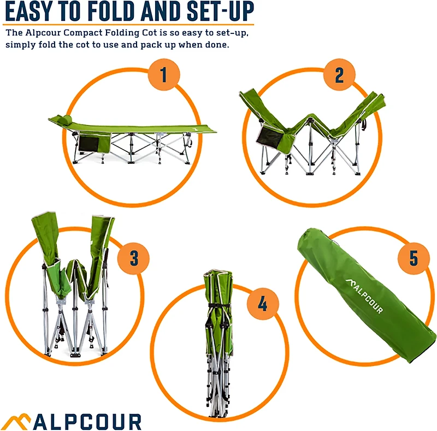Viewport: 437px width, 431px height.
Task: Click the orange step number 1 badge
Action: [163, 75]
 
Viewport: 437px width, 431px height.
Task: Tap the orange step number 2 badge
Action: [339, 75]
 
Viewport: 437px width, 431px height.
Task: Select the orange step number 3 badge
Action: [134, 257]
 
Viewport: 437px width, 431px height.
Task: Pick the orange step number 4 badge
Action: [263, 304]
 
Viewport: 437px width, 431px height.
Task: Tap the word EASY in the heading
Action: [34, 11]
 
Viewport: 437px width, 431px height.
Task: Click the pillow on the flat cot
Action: [64, 119]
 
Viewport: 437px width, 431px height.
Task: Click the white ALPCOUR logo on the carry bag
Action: [363, 296]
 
